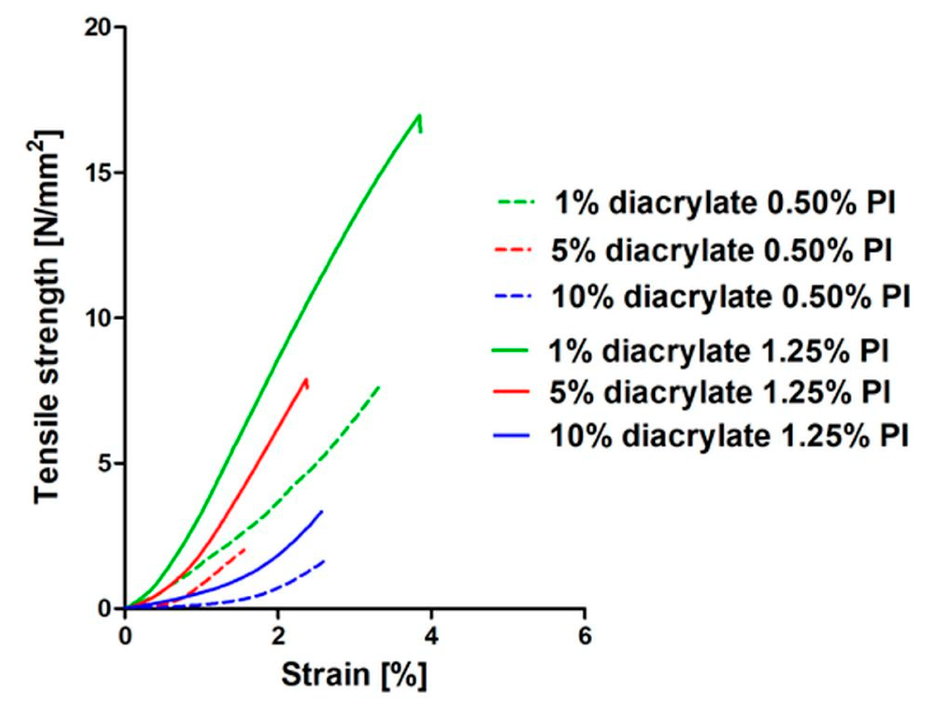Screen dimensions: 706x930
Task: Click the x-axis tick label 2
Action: [277, 636]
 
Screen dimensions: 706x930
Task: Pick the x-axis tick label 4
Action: [432, 636]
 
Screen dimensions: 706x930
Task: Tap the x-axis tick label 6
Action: [585, 636]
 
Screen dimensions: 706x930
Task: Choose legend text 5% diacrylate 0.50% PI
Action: [721, 250]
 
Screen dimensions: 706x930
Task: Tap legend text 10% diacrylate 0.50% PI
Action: [730, 297]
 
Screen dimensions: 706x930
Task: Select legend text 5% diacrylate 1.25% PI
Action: [720, 392]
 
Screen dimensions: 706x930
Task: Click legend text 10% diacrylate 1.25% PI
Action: [729, 436]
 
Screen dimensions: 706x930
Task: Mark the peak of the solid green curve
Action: [419, 116]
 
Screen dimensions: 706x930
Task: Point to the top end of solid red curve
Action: [306, 379]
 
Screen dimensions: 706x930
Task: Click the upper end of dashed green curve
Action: [379, 387]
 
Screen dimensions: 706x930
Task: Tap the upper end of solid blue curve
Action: [322, 511]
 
